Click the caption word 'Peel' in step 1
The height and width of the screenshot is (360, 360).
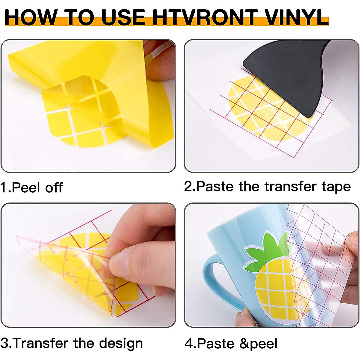pyautogui.click(x=26, y=188)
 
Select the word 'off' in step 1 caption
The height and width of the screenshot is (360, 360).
pyautogui.click(x=54, y=188)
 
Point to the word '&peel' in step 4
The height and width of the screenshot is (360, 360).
pyautogui.click(x=258, y=344)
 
